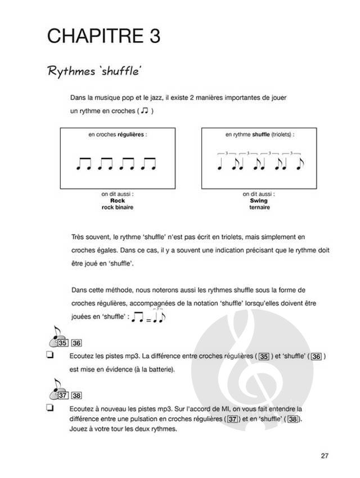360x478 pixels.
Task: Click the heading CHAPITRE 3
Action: (104, 36)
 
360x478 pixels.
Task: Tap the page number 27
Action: (325, 455)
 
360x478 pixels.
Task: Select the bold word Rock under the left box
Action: (117, 201)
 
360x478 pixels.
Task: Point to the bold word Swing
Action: (258, 201)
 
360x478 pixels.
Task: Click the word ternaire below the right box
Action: (258, 208)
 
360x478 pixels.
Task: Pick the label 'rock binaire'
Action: (117, 208)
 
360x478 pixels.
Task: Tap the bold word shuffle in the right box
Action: (260, 135)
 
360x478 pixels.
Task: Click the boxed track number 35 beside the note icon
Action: (63, 343)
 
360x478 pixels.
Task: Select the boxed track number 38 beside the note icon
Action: (77, 395)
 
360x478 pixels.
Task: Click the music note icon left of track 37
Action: (54, 390)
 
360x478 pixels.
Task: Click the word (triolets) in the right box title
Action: (283, 135)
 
